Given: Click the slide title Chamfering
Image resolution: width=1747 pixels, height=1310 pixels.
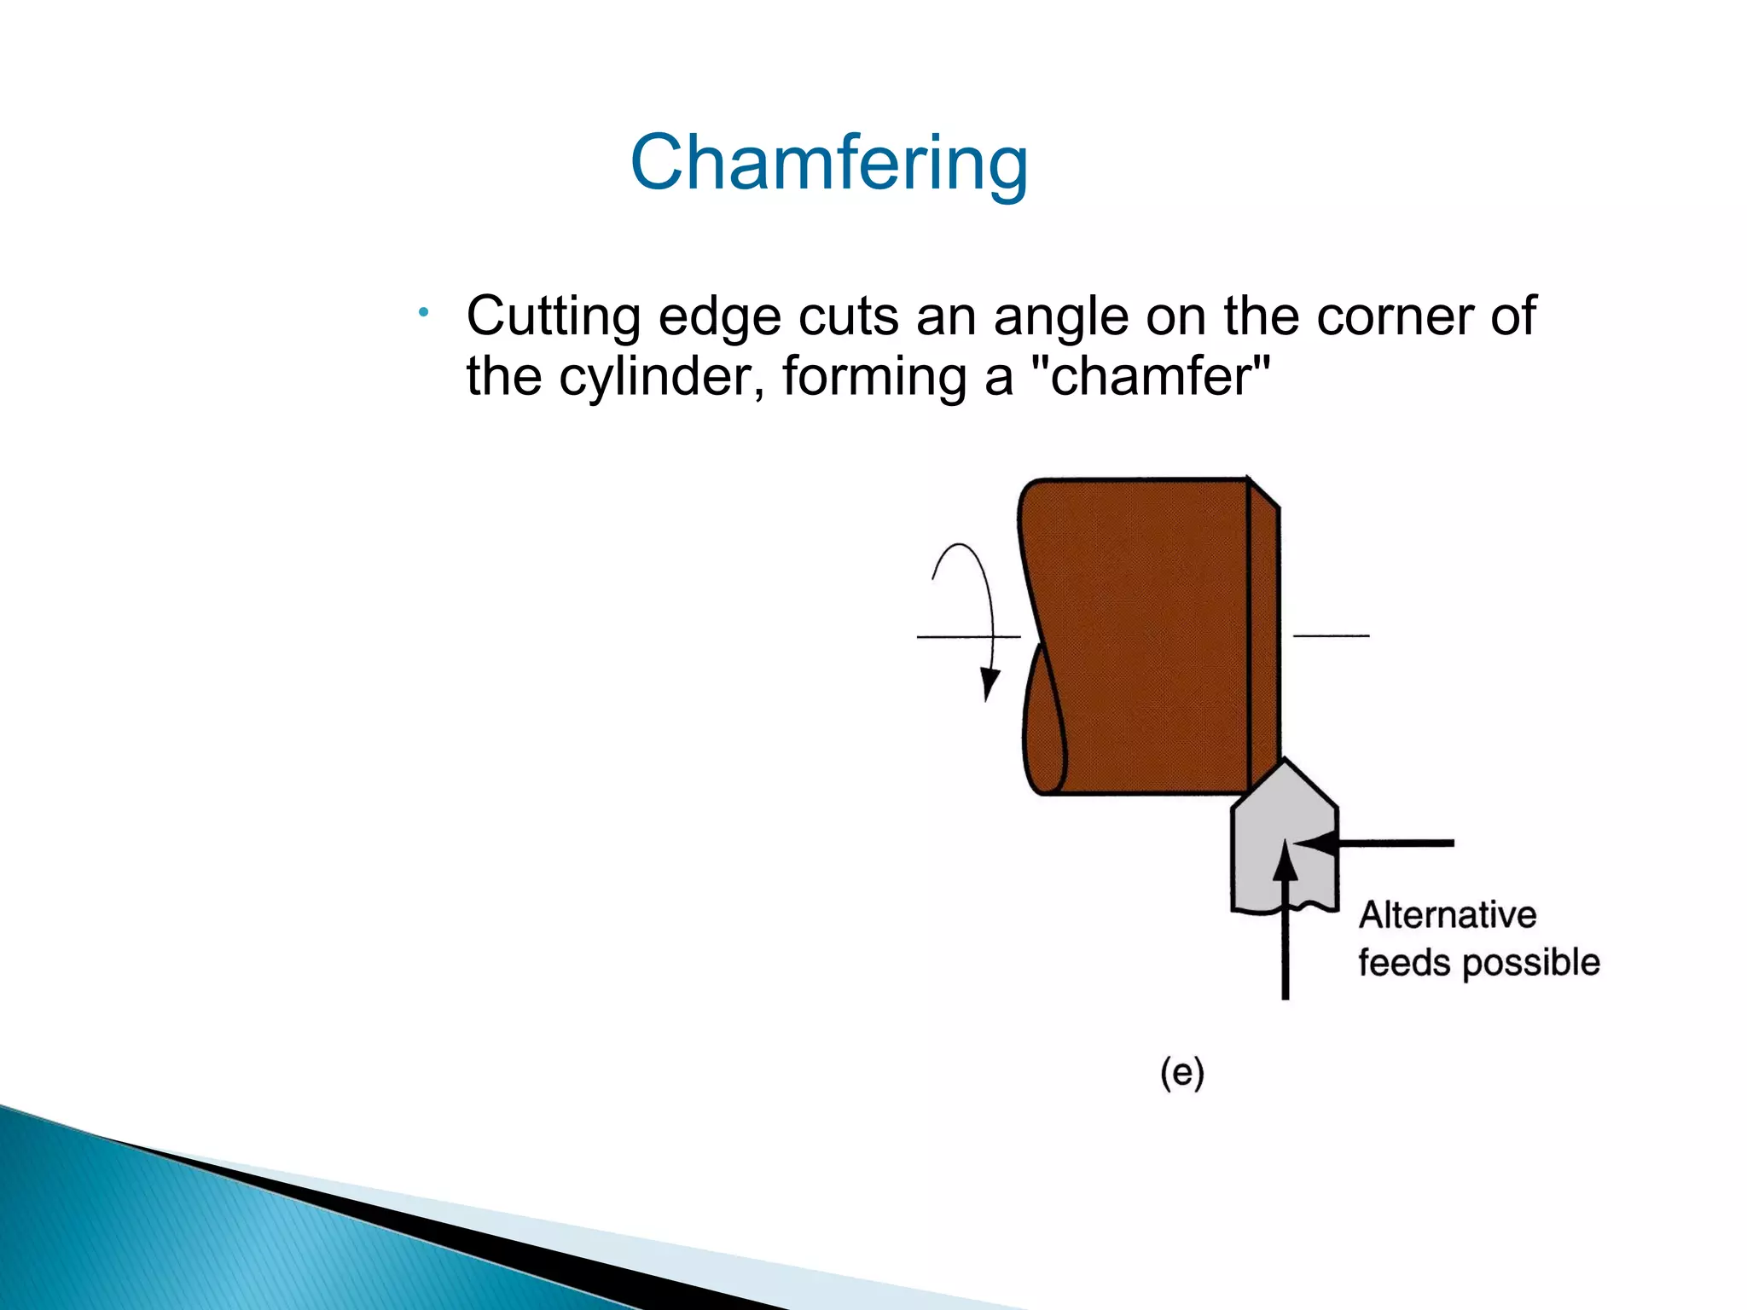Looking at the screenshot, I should coord(829,163).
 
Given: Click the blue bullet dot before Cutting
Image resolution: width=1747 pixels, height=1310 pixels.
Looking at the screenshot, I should coord(423,313).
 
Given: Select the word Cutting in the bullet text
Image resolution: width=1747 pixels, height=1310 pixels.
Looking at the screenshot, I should coord(553,317).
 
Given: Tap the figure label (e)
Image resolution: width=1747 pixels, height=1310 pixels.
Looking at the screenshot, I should coord(1182,1073).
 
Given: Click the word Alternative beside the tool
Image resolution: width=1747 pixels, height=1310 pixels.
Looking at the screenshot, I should coord(1448,915).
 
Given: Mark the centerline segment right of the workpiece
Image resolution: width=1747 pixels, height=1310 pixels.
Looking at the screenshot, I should coord(1331,635).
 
